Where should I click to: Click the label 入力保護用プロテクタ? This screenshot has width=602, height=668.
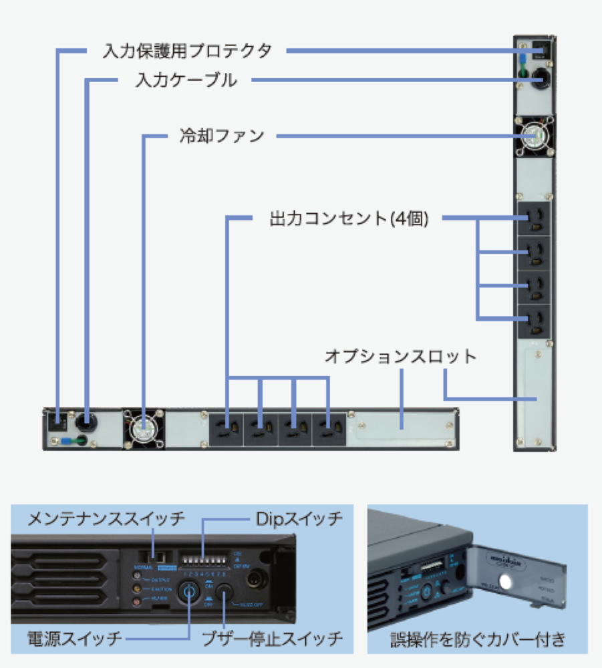(x=187, y=51)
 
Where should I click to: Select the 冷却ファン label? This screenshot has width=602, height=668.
(x=222, y=136)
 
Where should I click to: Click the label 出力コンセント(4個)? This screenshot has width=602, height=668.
(x=347, y=218)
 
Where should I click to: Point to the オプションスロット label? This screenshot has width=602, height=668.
(x=400, y=356)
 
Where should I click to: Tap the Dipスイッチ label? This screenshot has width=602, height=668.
(x=299, y=518)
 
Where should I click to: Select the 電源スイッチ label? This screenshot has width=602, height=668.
(x=75, y=638)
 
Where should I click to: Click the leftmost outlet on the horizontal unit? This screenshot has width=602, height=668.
(x=227, y=428)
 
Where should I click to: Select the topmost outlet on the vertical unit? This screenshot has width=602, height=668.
(x=534, y=218)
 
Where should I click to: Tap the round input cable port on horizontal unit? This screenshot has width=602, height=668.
(x=86, y=422)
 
